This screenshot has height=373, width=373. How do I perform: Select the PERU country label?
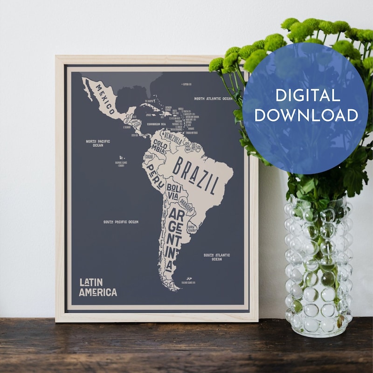[156, 177]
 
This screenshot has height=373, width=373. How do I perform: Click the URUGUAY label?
[192, 227]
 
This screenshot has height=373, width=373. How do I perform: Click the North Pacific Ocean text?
[97, 143]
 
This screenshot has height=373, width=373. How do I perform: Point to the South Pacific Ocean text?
[121, 222]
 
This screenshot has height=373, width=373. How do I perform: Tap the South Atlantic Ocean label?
[216, 257]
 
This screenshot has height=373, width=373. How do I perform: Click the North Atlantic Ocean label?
[213, 99]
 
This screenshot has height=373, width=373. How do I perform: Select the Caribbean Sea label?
[157, 124]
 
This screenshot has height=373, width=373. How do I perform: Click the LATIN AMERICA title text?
[97, 287]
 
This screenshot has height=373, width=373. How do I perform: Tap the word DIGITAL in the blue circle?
[307, 96]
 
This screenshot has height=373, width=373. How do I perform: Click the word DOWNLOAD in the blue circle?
[306, 115]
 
